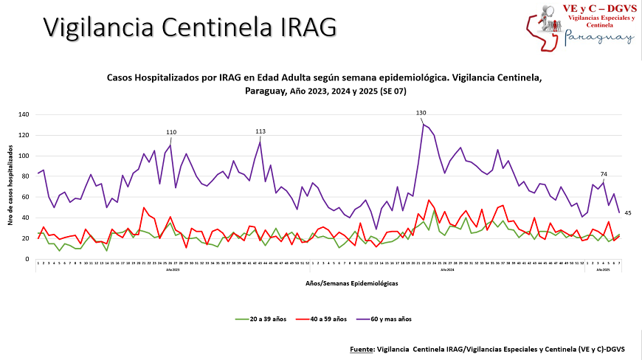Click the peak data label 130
(x=421, y=113)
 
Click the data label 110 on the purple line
(x=171, y=132)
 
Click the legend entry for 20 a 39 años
(x=261, y=319)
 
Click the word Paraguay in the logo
(x=599, y=38)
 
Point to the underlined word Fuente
(x=363, y=348)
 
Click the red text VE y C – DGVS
(x=599, y=8)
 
